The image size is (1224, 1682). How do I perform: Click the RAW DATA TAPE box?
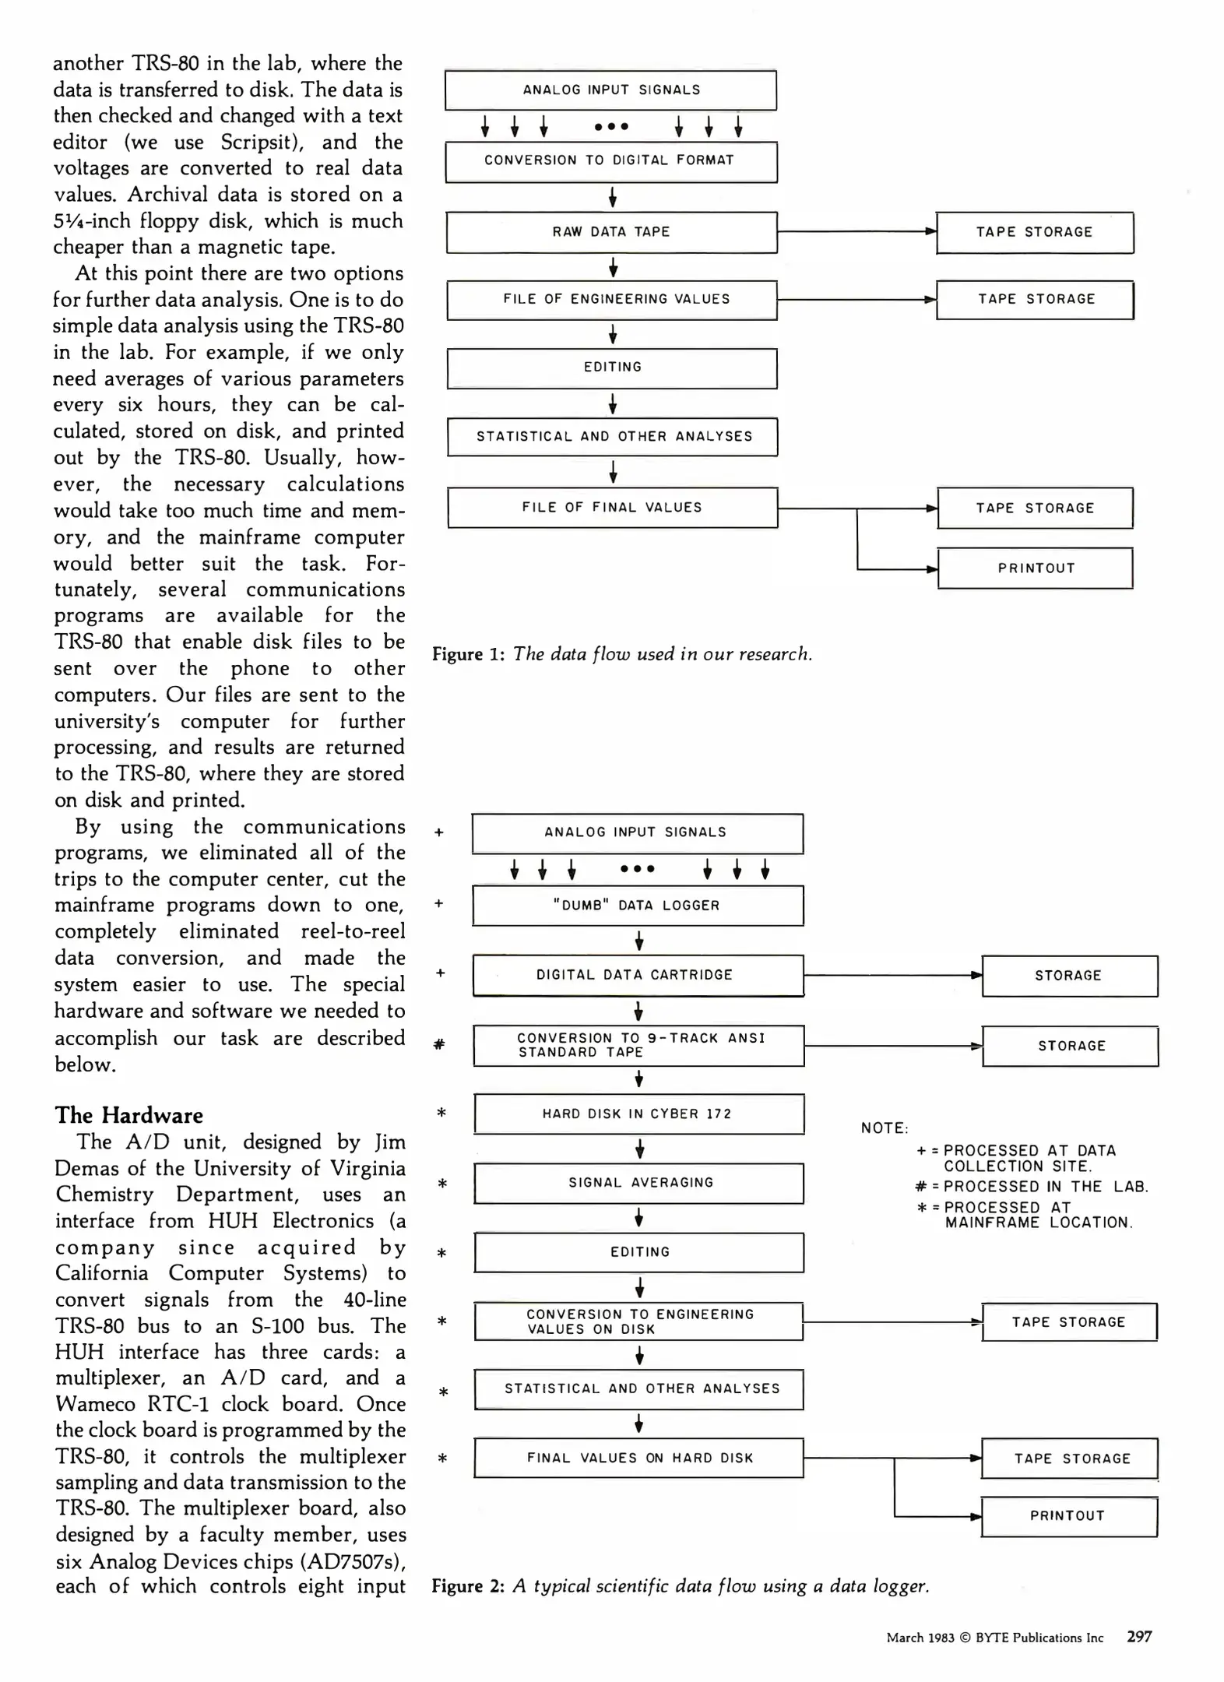pos(611,232)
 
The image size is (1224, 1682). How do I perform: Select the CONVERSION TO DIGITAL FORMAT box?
pos(611,161)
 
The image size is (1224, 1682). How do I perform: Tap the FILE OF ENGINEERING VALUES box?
pos(612,300)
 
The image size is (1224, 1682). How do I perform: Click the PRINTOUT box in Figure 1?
pos(1035,568)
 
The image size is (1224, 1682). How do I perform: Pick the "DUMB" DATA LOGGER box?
pos(638,906)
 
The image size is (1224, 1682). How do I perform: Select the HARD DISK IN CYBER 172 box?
pos(638,1114)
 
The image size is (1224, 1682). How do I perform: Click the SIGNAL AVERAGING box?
pos(639,1183)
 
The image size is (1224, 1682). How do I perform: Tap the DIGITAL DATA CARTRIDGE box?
pos(638,975)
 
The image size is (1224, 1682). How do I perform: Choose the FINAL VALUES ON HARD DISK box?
pos(638,1458)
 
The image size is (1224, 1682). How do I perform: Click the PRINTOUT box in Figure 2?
pos(1068,1516)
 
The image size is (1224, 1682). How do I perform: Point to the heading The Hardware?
pos(128,1115)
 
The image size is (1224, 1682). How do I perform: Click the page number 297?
pos(1139,1637)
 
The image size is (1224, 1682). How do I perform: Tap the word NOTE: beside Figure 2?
pos(885,1128)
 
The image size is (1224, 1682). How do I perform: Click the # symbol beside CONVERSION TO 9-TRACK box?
pos(439,1045)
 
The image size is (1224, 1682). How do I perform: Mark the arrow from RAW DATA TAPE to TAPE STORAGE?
pos(856,231)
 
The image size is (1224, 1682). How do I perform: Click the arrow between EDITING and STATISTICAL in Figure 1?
pos(613,403)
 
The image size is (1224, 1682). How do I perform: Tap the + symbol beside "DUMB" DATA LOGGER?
pos(439,904)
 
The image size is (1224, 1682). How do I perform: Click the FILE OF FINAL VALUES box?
pos(612,508)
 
